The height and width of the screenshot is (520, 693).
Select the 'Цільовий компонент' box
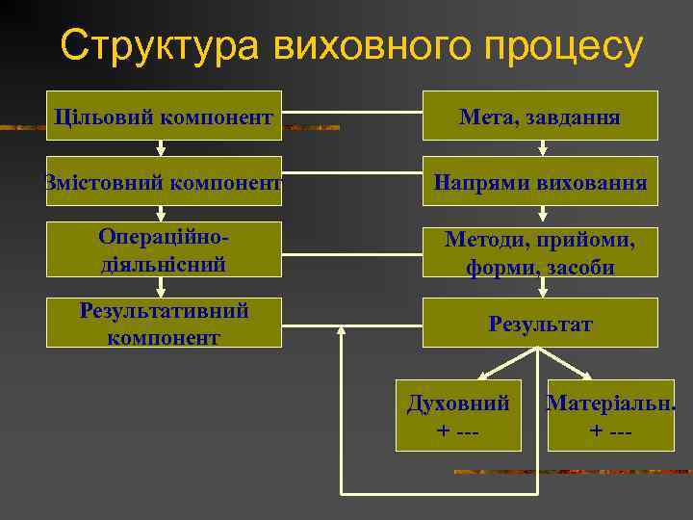click(164, 117)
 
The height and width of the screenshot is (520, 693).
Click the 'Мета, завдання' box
click(540, 117)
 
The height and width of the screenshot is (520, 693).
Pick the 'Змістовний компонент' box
click(164, 181)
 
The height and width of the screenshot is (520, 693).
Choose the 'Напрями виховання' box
click(540, 181)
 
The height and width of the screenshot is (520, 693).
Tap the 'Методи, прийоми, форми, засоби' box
click(540, 251)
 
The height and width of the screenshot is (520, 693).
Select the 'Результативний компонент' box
click(164, 323)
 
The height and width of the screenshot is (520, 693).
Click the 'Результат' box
click(540, 323)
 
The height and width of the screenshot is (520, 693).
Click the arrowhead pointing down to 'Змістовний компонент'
click(162, 149)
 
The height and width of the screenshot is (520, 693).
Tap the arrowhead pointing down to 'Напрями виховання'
click(543, 149)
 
